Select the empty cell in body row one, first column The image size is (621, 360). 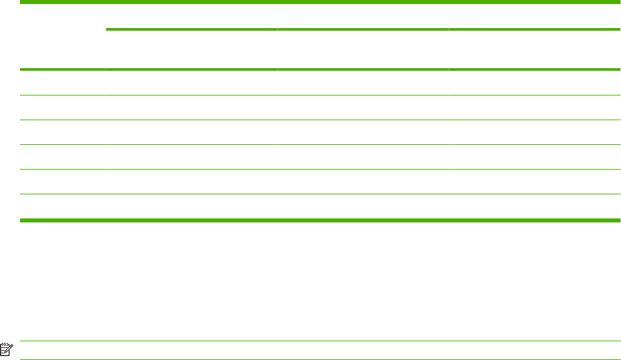coord(62,83)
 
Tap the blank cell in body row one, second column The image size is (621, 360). coord(190,83)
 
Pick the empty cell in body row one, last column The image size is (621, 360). coord(534,83)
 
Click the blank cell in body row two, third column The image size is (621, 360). coord(363,108)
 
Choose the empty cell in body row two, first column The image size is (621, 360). coord(62,108)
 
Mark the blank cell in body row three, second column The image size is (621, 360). coord(190,132)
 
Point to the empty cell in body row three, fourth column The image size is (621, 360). coord(534,132)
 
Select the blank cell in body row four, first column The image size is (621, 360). coord(62,157)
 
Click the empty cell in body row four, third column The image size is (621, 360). coord(363,157)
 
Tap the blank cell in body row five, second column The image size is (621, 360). coord(190,182)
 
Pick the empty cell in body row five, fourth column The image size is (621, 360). coord(534,182)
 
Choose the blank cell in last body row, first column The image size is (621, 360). coord(62,206)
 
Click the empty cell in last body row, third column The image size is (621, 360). coord(363,206)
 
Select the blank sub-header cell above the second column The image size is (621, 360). coord(190,49)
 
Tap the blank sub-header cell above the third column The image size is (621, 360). coord(363,49)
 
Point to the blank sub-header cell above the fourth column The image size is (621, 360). coord(534,49)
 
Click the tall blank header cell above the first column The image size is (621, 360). coord(62,36)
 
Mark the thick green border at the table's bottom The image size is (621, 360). coord(320,219)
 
